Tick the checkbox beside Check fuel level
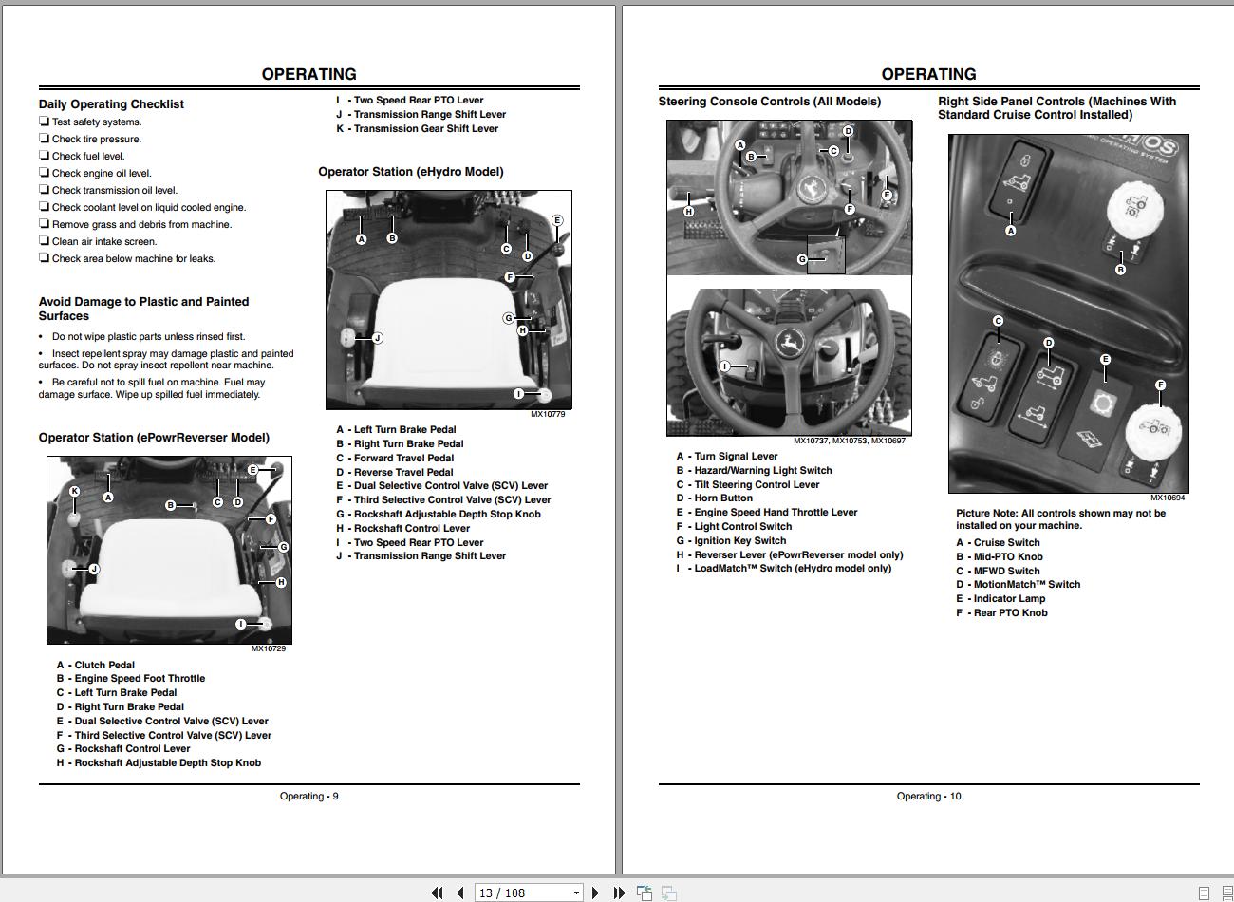pyautogui.click(x=44, y=156)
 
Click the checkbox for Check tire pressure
pyautogui.click(x=44, y=139)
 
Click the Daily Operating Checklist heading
pyautogui.click(x=111, y=104)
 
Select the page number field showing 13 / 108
pyautogui.click(x=528, y=893)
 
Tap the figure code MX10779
pyautogui.click(x=548, y=414)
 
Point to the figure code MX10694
pyautogui.click(x=1168, y=498)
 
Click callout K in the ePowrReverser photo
pyautogui.click(x=74, y=492)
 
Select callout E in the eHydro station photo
pyautogui.click(x=557, y=220)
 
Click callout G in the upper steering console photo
pyautogui.click(x=802, y=259)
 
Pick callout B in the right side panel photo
pyautogui.click(x=1120, y=270)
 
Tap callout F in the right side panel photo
pyautogui.click(x=1160, y=385)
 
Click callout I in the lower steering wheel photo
pyautogui.click(x=725, y=366)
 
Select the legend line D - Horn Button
pyautogui.click(x=715, y=498)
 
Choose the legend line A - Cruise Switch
pyautogui.click(x=998, y=543)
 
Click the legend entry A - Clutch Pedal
pyautogui.click(x=96, y=665)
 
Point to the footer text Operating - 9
pyautogui.click(x=308, y=797)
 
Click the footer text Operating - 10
pyautogui.click(x=928, y=797)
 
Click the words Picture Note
pyautogui.click(x=986, y=514)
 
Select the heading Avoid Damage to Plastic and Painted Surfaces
pyautogui.click(x=143, y=309)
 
